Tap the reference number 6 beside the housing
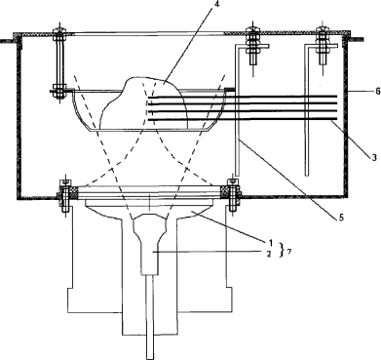point(377,92)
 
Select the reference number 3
point(374,158)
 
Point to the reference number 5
point(341,218)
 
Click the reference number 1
point(269,243)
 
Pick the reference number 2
point(269,254)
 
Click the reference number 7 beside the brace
point(287,252)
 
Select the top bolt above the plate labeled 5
point(253,49)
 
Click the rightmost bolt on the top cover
point(322,49)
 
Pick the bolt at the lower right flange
point(233,195)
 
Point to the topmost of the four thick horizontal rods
point(242,97)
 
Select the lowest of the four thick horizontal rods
point(242,120)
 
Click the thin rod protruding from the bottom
point(149,317)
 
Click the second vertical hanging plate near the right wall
point(306,110)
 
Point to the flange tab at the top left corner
point(9,41)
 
